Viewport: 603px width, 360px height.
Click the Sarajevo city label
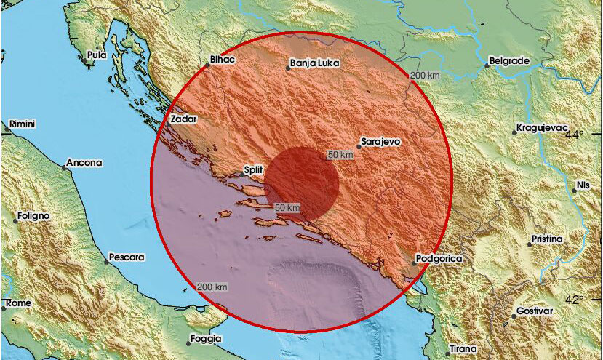coord(381,143)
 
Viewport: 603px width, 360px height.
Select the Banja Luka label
coord(311,63)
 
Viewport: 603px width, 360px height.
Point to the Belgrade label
coord(508,61)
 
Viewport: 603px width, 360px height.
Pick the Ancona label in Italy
coord(84,163)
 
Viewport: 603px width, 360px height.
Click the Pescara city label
coord(126,257)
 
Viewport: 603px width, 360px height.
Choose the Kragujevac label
coord(540,128)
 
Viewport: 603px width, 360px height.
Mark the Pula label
coord(95,55)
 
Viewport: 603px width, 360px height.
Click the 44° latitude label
coord(576,135)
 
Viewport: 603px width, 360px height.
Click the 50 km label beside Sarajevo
coord(340,155)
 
